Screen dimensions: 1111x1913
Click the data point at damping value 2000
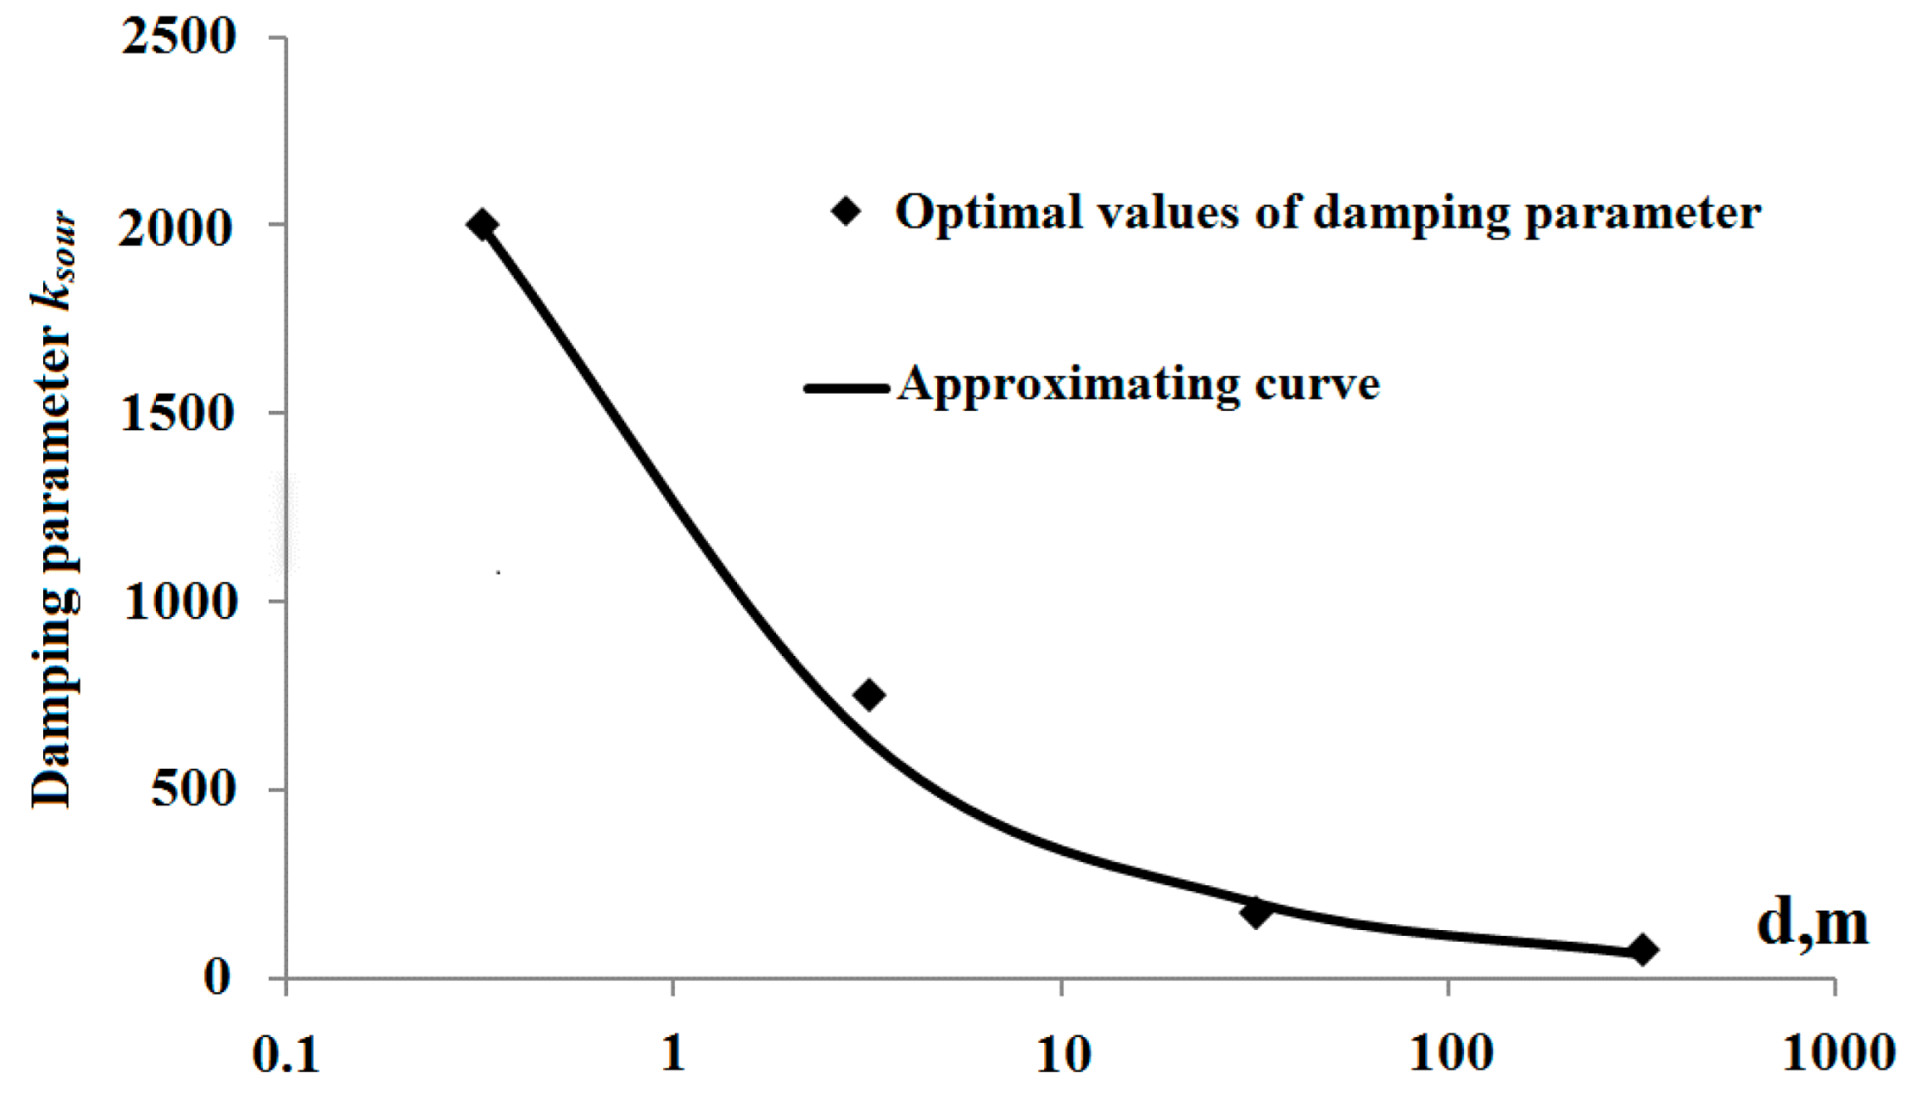click(x=481, y=225)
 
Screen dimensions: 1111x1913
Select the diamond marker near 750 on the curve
click(x=869, y=695)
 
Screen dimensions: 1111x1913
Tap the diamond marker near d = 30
click(x=1256, y=912)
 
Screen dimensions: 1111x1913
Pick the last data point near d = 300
click(x=1643, y=951)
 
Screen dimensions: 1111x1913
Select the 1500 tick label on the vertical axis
click(x=178, y=414)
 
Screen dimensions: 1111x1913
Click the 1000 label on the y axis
click(x=179, y=602)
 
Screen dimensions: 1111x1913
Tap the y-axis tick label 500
click(x=193, y=789)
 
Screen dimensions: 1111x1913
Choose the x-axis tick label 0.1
click(x=286, y=1053)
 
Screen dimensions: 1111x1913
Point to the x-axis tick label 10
click(x=1062, y=1053)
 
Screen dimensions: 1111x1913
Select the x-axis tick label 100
click(x=1450, y=1053)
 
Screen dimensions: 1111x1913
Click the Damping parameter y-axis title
click(x=53, y=509)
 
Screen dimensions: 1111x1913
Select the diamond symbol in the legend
click(x=847, y=211)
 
